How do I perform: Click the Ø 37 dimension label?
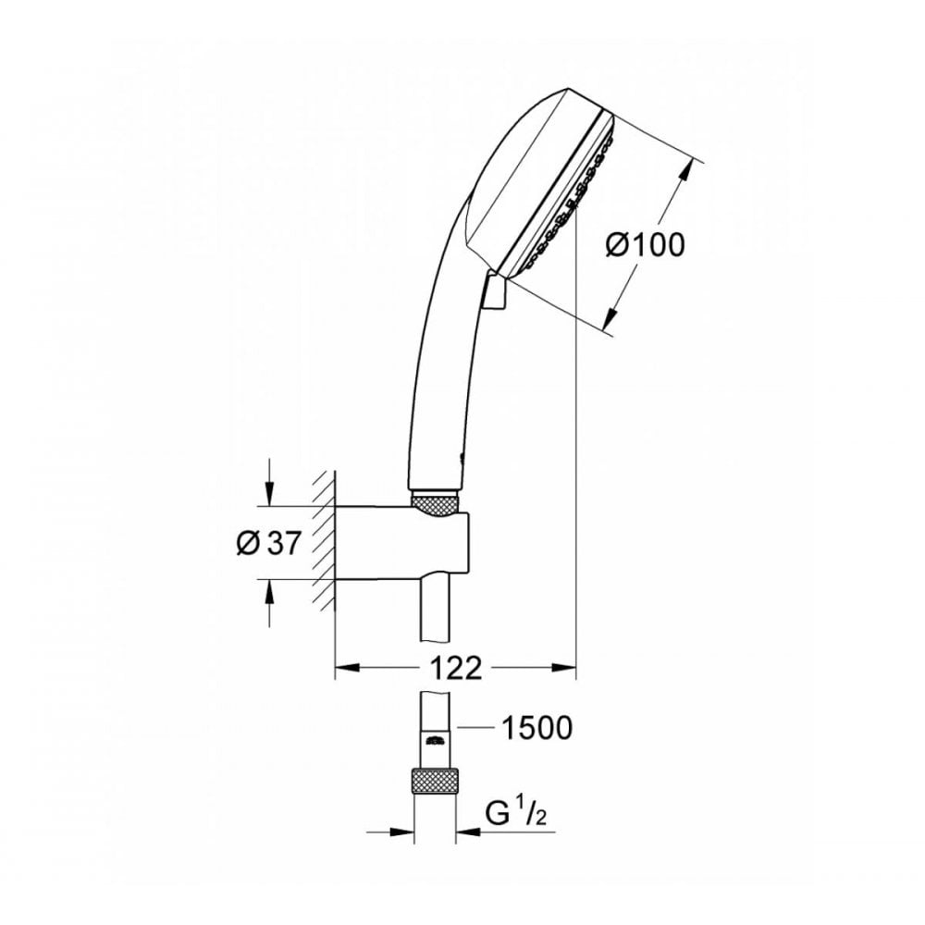click(268, 544)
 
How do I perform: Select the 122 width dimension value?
click(454, 668)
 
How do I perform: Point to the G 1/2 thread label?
click(516, 816)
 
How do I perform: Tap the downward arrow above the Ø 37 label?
click(269, 495)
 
